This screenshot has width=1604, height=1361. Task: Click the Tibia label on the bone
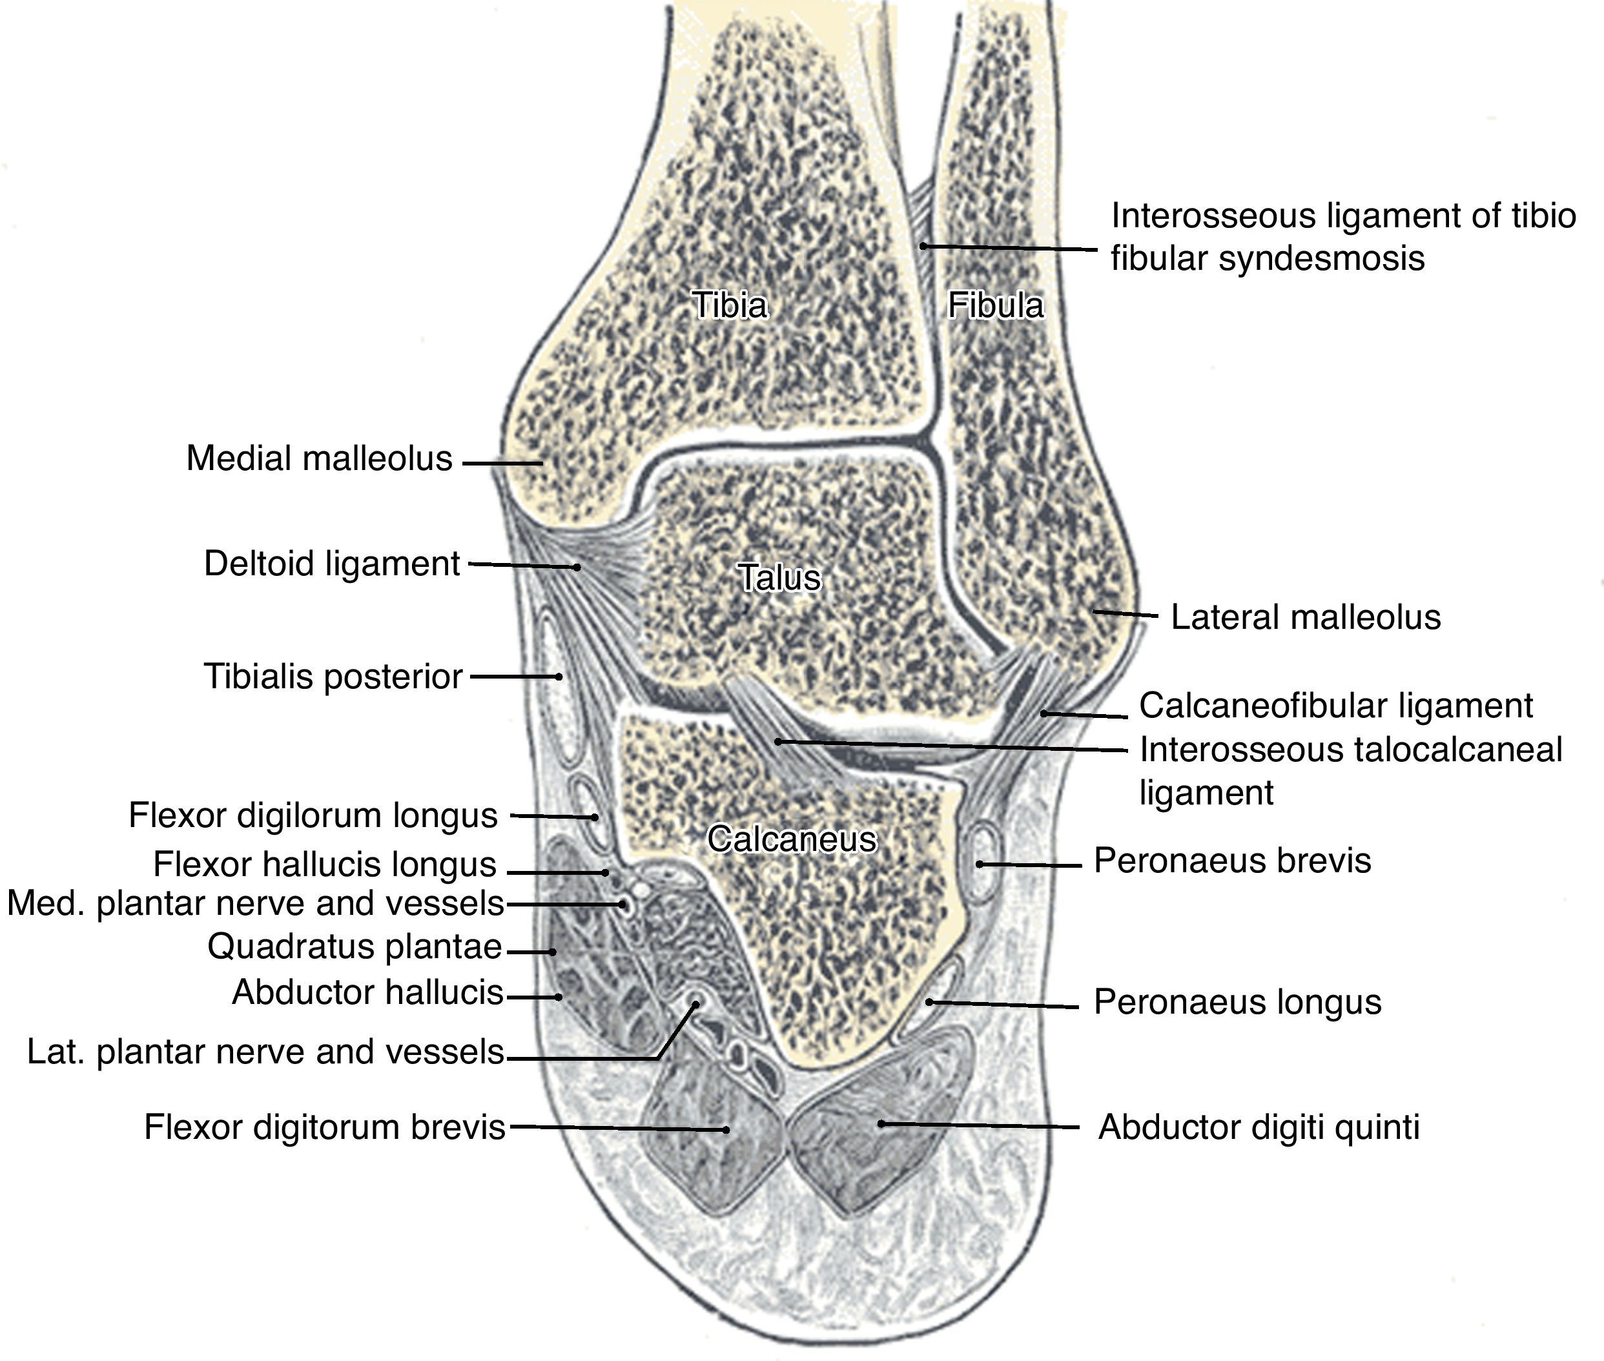[x=729, y=305]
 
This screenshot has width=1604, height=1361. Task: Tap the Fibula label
[x=995, y=305]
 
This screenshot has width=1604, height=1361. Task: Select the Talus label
[x=779, y=577]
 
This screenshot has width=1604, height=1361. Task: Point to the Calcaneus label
[x=792, y=839]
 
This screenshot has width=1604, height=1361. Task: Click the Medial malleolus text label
[x=318, y=458]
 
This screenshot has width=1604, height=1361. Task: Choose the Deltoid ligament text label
[x=332, y=564]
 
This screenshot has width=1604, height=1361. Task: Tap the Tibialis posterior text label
[x=333, y=677]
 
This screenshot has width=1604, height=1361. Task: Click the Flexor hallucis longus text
[x=325, y=864]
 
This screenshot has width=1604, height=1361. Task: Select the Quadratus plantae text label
[x=355, y=947]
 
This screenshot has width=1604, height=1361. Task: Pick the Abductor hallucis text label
[x=367, y=992]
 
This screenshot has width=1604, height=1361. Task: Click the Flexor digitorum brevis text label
[x=325, y=1127]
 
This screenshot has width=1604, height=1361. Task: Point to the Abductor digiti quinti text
[x=1259, y=1127]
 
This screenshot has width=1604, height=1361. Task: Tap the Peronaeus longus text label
[x=1237, y=1002]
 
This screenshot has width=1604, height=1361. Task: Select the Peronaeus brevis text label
[x=1232, y=860]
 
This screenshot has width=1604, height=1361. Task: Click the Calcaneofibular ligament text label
[x=1335, y=706]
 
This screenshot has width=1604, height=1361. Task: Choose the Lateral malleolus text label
[x=1306, y=617]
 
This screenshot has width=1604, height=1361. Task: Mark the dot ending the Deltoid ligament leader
[x=577, y=567]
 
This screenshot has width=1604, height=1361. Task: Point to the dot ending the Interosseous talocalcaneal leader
[x=779, y=741]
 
